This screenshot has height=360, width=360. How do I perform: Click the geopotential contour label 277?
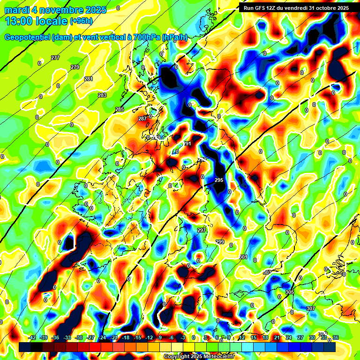click(x=55, y=58)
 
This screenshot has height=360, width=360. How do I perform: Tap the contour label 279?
click(x=75, y=67)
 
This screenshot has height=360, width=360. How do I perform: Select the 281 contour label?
click(x=89, y=79)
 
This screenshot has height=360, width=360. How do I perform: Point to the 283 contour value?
click(x=102, y=95)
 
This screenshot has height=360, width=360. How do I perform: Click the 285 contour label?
click(x=120, y=109)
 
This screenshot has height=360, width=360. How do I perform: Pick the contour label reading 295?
click(x=219, y=180)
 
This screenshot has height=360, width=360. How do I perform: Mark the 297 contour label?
click(x=202, y=230)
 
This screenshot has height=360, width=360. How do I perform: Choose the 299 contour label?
click(x=220, y=241)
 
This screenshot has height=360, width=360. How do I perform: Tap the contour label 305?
click(x=289, y=292)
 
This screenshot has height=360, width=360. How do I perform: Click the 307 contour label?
click(x=310, y=308)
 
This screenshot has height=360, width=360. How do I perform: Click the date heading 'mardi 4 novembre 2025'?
click(x=55, y=10)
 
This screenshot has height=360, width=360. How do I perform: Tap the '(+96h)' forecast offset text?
click(x=81, y=21)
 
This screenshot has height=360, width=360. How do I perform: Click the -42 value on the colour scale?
click(x=32, y=337)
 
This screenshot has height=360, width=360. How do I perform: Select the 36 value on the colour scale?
click(x=336, y=337)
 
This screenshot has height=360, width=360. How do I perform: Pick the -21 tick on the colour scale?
click(x=114, y=337)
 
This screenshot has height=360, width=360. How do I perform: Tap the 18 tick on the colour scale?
click(x=265, y=337)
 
